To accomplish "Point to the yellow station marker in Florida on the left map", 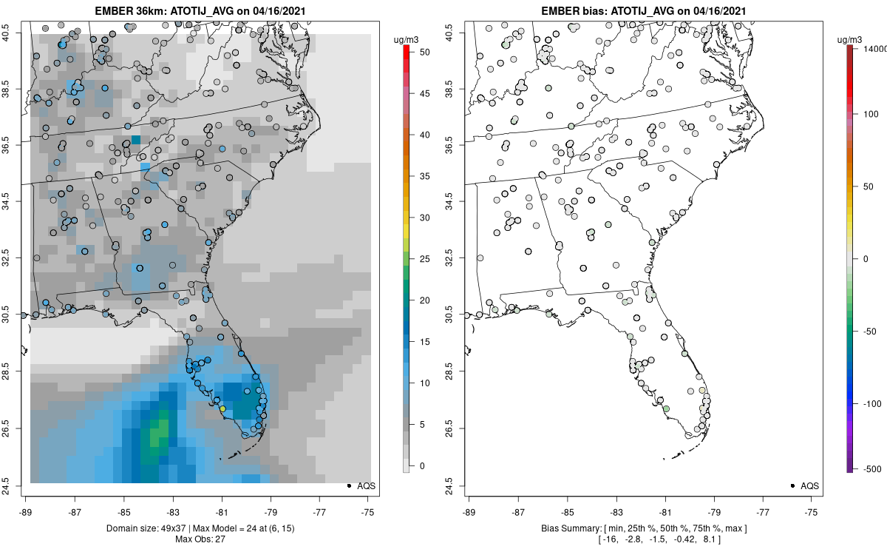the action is pyautogui.click(x=222, y=408).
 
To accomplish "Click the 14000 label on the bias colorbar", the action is pyautogui.click(x=874, y=49).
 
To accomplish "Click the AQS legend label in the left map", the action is pyautogui.click(x=367, y=485).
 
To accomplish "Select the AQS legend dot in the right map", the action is pyautogui.click(x=792, y=485).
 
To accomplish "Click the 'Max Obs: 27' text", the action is pyautogui.click(x=200, y=539).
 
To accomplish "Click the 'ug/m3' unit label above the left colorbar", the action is pyautogui.click(x=406, y=40).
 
